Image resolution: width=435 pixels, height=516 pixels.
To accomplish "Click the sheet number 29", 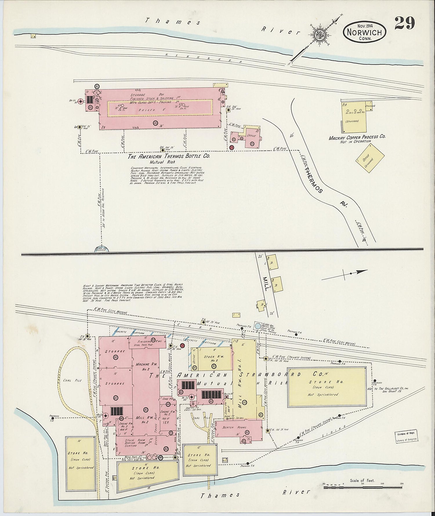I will point(404,23).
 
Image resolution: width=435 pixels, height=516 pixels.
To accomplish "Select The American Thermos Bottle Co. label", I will point(169,156).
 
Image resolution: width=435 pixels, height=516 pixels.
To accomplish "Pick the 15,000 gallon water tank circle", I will point(257,325).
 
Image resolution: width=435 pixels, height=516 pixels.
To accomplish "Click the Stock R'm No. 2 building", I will point(211,359).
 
